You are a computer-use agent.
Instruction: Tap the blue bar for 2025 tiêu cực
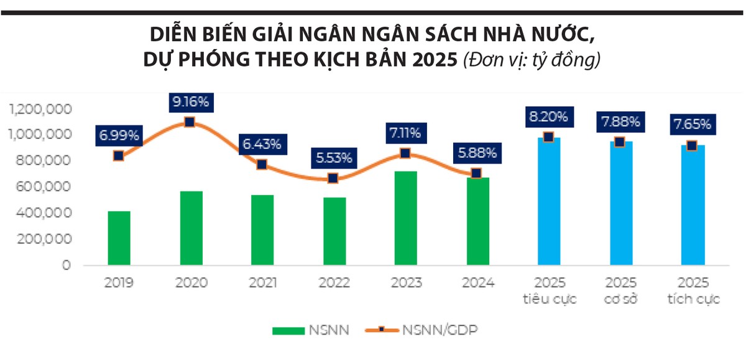click(x=549, y=202)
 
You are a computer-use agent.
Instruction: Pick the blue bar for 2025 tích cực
click(x=693, y=205)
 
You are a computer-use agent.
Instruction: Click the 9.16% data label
click(x=190, y=101)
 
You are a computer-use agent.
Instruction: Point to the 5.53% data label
click(x=333, y=157)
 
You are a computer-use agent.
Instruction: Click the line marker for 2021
click(x=262, y=164)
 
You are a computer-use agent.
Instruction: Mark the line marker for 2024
click(x=476, y=173)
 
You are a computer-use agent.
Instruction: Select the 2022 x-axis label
click(x=334, y=284)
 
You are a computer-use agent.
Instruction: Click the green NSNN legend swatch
click(x=288, y=330)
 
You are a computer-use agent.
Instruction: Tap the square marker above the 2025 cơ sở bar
click(x=620, y=142)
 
